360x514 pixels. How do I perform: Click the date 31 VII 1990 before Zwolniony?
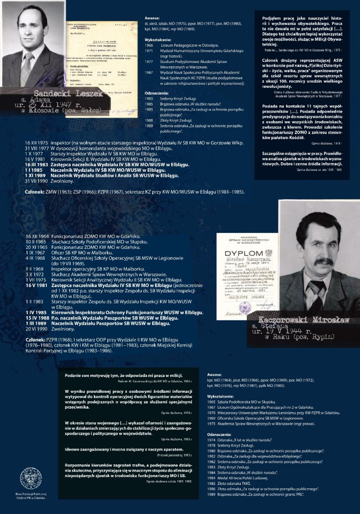point(36,181)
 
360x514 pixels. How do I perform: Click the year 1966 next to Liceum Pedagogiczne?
point(149,45)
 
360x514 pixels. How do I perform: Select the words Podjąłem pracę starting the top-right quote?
point(278,18)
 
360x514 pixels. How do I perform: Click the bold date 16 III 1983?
point(37,164)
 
